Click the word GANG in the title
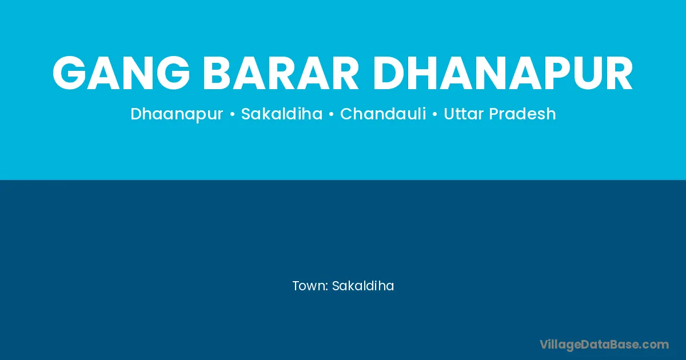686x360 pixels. click(x=121, y=73)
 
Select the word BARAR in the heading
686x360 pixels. click(x=281, y=73)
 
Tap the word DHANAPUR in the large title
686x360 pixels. click(x=502, y=73)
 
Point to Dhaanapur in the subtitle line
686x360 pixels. click(x=177, y=114)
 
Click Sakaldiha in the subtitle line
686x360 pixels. click(x=282, y=114)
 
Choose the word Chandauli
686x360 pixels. click(x=383, y=114)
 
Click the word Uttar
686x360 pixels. click(x=464, y=114)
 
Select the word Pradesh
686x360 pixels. click(x=523, y=114)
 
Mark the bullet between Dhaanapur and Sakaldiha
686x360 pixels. click(x=232, y=114)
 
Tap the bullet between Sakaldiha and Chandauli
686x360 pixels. click(x=331, y=114)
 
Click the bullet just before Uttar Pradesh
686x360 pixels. click(x=435, y=114)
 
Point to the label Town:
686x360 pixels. click(x=310, y=286)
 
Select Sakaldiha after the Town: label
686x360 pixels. click(x=363, y=286)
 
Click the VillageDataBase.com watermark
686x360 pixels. click(x=604, y=345)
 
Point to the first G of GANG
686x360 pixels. click(x=69, y=73)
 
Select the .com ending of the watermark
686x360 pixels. click(x=655, y=345)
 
